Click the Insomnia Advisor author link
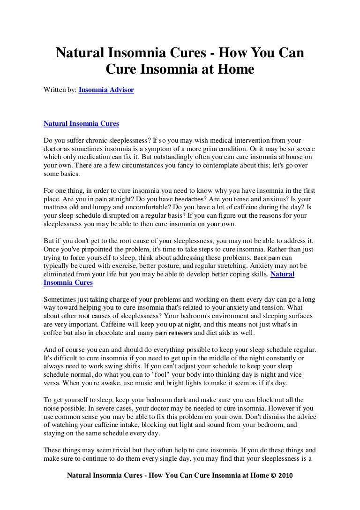pos(106,88)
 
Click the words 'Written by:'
pos(60,88)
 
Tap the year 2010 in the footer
pos(285,475)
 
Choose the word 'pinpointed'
pos(106,250)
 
